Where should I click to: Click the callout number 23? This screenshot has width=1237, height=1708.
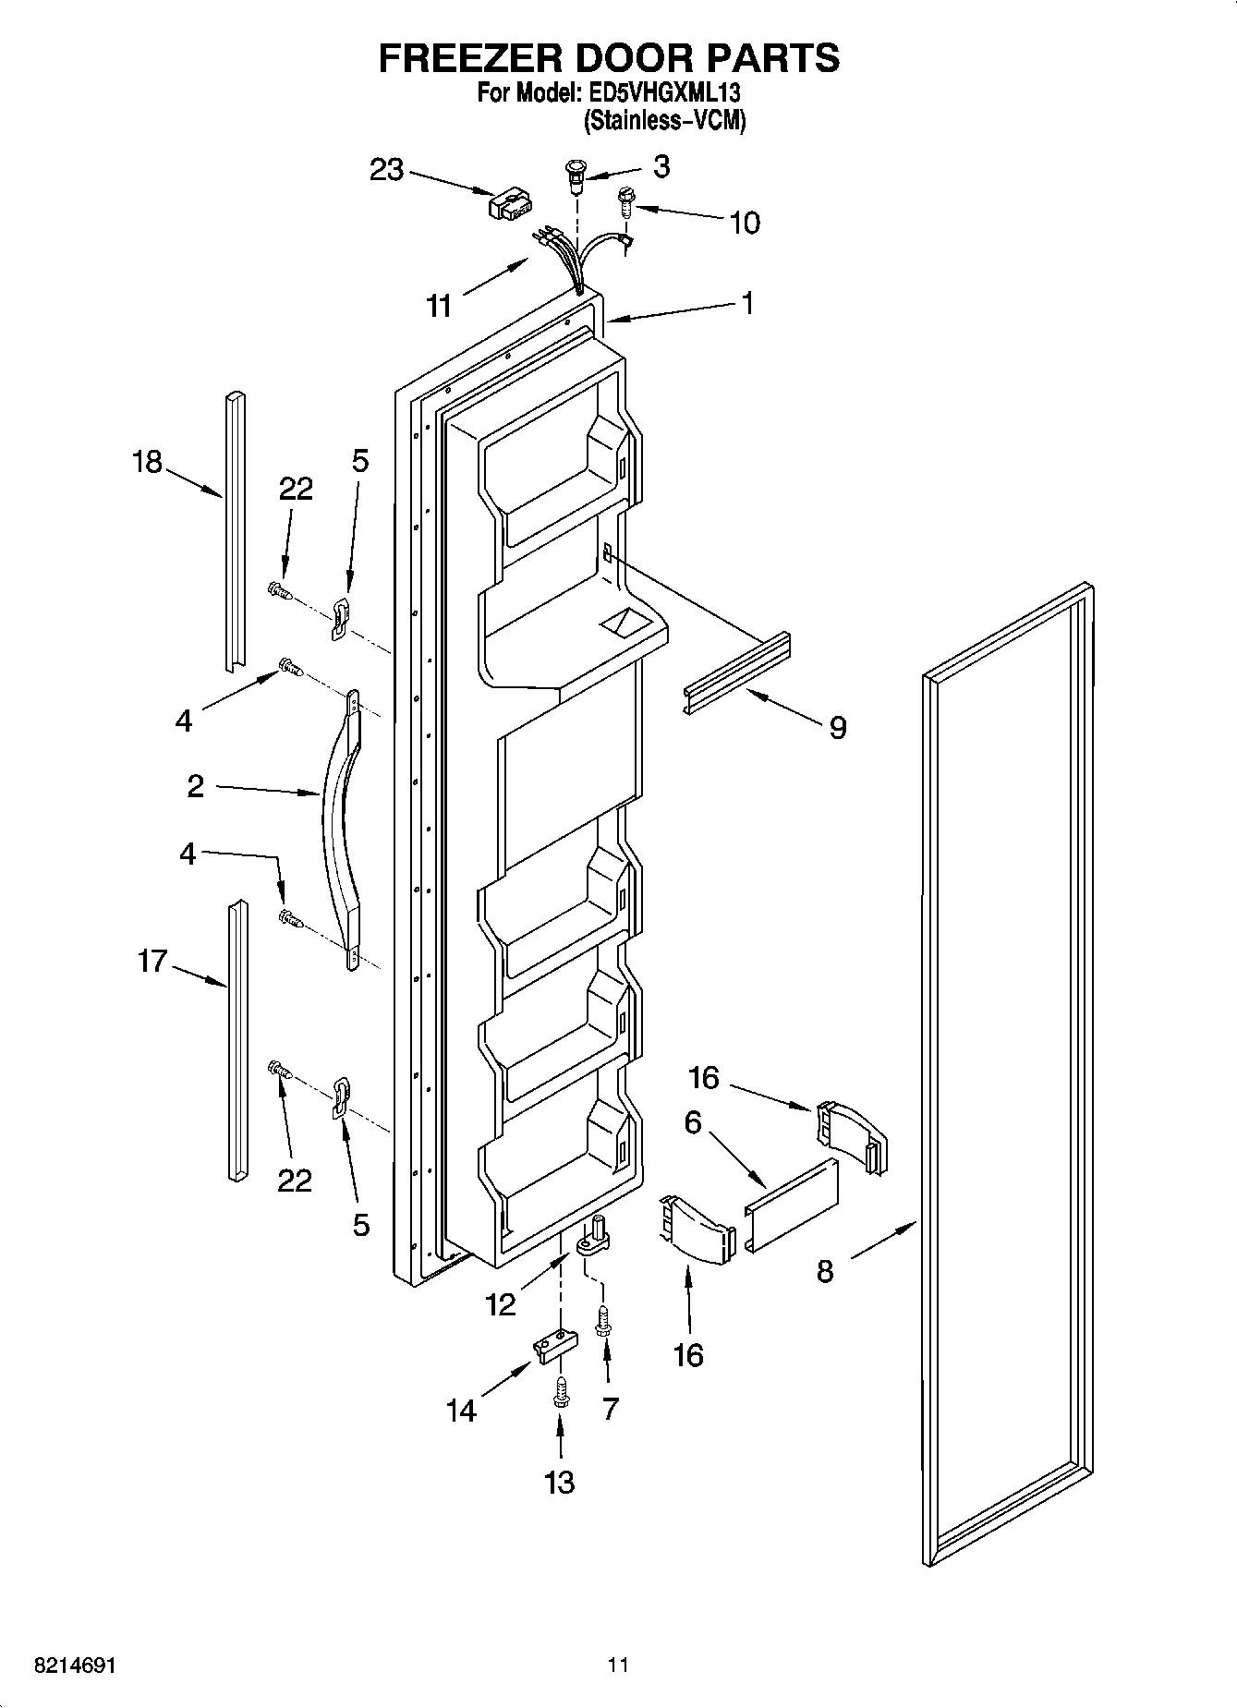(387, 170)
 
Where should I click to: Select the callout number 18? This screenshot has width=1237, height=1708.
(147, 461)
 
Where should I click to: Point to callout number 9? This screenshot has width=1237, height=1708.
(837, 728)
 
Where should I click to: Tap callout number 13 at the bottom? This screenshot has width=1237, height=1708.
(560, 1482)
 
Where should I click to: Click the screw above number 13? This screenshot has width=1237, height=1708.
(560, 1392)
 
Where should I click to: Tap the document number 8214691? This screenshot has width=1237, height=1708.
(75, 1666)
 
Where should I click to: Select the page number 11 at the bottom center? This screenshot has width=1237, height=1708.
(618, 1666)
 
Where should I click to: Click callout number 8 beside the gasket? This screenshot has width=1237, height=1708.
(825, 1271)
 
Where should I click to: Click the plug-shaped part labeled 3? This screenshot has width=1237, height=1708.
(576, 176)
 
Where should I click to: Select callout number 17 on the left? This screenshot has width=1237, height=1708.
(152, 962)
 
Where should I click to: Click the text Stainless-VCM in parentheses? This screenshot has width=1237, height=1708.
(663, 120)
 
